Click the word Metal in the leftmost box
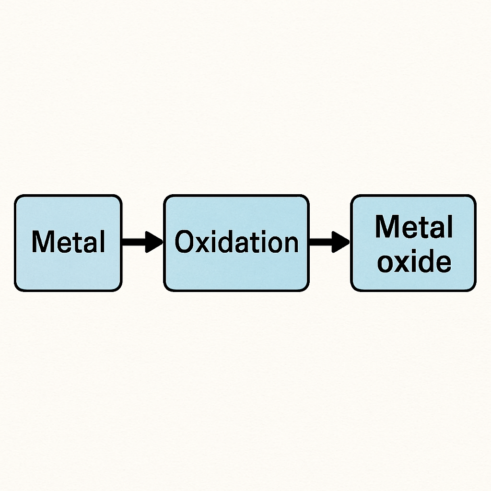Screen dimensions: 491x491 [x=68, y=242]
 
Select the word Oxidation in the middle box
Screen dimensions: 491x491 [x=236, y=242]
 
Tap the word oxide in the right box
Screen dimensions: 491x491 [x=414, y=262]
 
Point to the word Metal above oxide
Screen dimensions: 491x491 [x=414, y=227]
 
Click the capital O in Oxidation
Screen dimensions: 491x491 [x=184, y=242]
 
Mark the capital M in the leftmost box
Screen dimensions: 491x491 [x=41, y=242]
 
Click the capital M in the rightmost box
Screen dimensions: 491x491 [x=386, y=227]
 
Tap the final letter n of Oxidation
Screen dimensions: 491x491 [x=291, y=245]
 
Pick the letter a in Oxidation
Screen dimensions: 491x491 [x=244, y=245]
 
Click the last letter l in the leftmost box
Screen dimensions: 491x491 [x=102, y=242]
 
